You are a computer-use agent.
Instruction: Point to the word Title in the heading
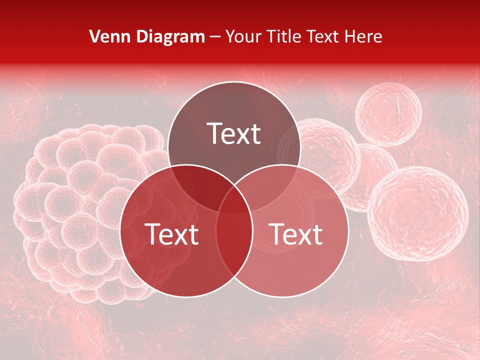point(284,36)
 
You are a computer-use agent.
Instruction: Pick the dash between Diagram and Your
point(215,37)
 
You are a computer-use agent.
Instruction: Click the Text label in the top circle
point(234,133)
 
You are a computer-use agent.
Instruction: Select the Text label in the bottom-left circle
point(171,234)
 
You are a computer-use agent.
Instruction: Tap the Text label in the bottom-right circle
point(295,234)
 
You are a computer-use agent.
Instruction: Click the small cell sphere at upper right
point(388,114)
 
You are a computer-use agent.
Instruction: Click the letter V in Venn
point(94,36)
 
